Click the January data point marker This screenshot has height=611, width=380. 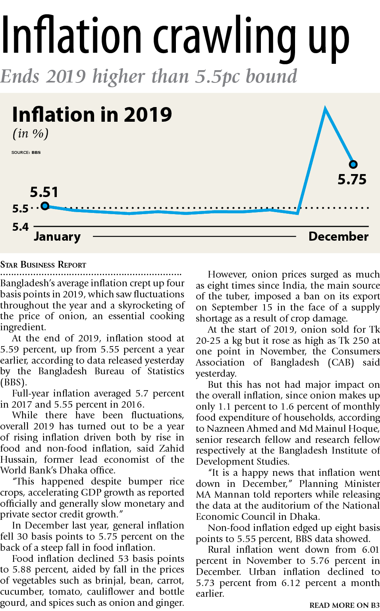point(45,206)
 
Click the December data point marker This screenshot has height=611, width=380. point(353,164)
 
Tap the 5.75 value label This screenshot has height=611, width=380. point(352,180)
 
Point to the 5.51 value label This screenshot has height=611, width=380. point(44,192)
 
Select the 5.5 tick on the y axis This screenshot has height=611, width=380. point(20,209)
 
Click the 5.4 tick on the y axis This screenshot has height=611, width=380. point(20,227)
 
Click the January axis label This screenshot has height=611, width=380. point(57,236)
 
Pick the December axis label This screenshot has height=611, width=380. point(338,236)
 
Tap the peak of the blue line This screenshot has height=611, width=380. point(325,108)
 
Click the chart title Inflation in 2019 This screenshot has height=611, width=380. point(92,115)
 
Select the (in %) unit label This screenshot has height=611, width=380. point(31,134)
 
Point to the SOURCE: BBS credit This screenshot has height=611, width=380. point(26,152)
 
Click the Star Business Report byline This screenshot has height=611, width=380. point(43,264)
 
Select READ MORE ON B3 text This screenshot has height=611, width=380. point(344,605)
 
